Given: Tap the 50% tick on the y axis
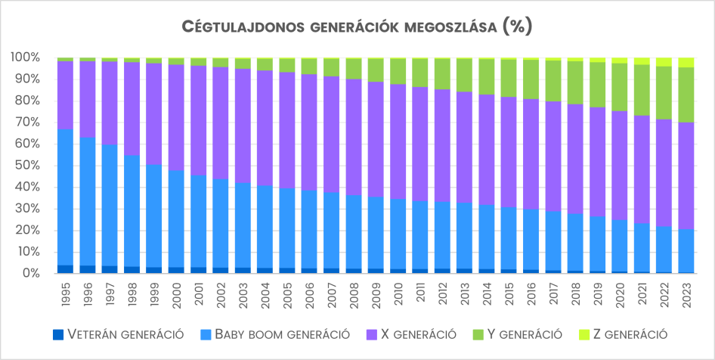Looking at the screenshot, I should [26, 166].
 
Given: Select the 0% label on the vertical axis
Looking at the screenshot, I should [29, 274].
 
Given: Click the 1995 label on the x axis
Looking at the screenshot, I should [65, 291].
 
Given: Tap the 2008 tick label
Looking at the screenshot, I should [352, 291].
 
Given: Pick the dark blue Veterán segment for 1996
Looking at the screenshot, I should [87, 269].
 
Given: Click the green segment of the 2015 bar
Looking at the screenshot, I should [507, 78].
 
